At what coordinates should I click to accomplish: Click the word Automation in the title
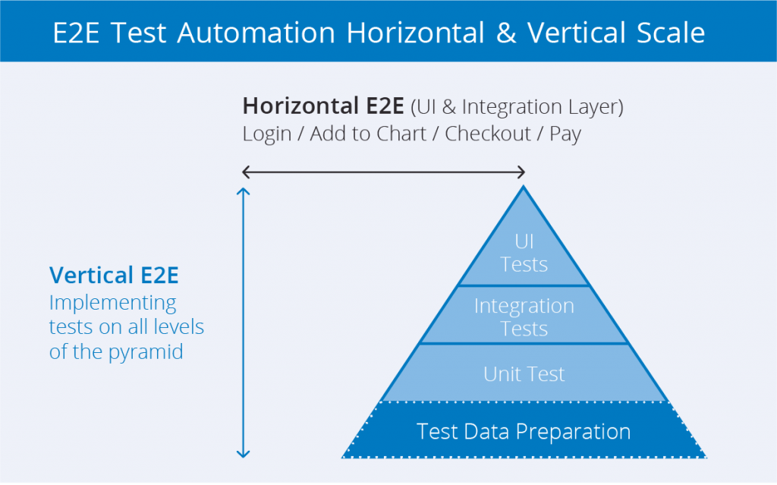[256, 33]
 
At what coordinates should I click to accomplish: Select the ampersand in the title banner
[505, 33]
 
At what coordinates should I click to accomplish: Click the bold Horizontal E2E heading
[323, 107]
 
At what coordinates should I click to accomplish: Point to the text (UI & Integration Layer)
[517, 107]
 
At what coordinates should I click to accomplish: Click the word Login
[267, 134]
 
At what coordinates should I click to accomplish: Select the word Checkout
[488, 134]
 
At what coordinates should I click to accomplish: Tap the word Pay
[565, 134]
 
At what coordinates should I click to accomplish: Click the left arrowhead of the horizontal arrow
[245, 172]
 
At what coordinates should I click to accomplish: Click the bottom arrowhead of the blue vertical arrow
[243, 455]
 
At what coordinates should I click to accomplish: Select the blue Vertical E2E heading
[114, 275]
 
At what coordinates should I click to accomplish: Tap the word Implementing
[112, 302]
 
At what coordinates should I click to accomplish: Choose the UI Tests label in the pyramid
[524, 254]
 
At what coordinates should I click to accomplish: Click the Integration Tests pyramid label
[524, 317]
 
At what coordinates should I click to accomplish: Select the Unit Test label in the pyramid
[524, 373]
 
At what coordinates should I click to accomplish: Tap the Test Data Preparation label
[524, 432]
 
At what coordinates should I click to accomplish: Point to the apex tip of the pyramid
[524, 187]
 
